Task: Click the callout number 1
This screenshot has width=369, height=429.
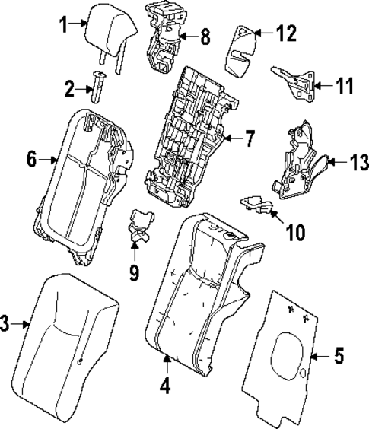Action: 65,24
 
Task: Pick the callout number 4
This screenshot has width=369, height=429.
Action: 164,386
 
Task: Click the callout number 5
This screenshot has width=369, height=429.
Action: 339,354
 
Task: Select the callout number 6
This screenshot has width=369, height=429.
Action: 31,160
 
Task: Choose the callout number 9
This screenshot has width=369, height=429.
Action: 134,272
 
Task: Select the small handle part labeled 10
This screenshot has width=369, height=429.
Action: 259,203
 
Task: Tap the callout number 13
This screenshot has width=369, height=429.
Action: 358,162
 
